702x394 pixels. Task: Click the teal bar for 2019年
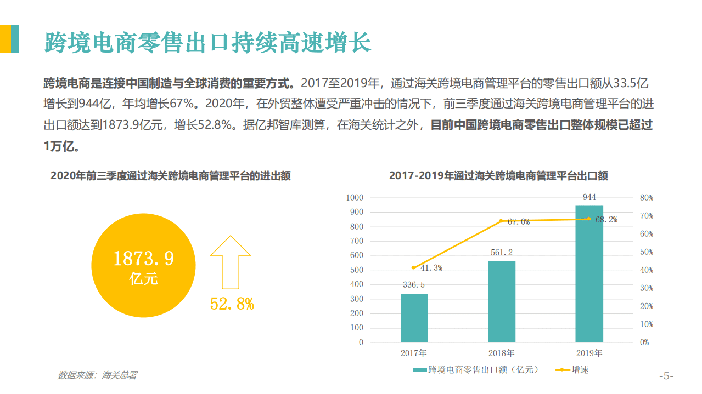click(x=589, y=274)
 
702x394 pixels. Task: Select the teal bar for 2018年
click(x=502, y=301)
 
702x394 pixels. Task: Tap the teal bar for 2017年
click(x=414, y=318)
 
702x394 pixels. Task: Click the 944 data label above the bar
click(x=589, y=197)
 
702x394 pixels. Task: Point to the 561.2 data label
click(x=502, y=253)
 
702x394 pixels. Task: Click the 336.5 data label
click(x=414, y=285)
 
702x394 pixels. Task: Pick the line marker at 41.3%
click(x=413, y=267)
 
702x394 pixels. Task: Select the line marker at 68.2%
click(x=589, y=219)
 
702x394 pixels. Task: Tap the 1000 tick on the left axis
click(x=354, y=198)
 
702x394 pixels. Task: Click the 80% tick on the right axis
click(x=647, y=198)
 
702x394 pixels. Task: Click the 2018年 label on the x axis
click(x=502, y=353)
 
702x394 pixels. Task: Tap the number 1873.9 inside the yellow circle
click(x=143, y=259)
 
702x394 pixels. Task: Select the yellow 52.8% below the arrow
click(x=232, y=304)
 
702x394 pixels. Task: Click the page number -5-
click(x=666, y=376)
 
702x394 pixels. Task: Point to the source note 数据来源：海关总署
click(x=98, y=375)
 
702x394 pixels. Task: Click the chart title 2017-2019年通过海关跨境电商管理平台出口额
click(x=498, y=176)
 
